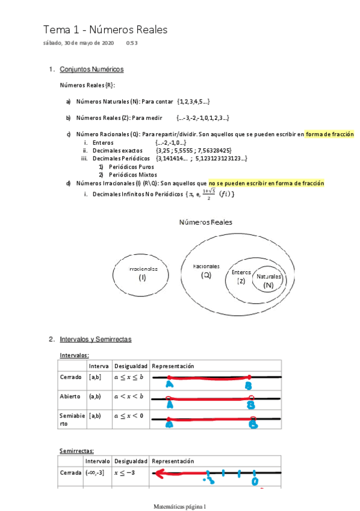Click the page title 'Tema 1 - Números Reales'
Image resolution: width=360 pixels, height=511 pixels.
coord(105,30)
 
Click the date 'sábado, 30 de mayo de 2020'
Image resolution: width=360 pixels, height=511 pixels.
coord(78,43)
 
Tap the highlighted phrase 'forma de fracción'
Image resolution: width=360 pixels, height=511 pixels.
coord(329,134)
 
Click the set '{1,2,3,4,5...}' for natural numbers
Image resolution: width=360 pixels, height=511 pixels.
coord(194,102)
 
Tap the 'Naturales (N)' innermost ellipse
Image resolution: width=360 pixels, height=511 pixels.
coord(268,280)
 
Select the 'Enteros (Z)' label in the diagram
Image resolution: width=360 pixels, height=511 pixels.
coord(241,277)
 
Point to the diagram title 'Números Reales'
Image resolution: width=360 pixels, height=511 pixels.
coord(205,222)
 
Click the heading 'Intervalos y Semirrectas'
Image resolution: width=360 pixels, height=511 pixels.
coord(95,339)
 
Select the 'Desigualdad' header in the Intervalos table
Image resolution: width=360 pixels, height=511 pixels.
coord(131,366)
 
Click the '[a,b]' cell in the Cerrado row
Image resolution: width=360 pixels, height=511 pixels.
coord(95,377)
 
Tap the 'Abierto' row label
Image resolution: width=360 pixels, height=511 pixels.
coord(71,397)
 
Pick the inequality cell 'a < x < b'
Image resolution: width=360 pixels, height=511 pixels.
coord(129,397)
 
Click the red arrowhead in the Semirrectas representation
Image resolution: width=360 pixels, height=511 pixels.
coord(158,474)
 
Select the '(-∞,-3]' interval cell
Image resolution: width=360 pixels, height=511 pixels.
coord(96,473)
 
